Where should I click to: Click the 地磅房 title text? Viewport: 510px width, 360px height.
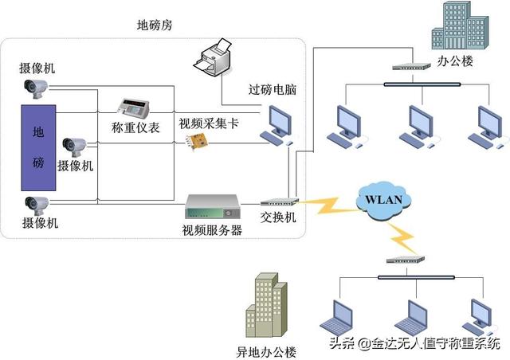pos(155,25)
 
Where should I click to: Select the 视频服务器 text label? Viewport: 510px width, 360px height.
pos(212,231)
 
